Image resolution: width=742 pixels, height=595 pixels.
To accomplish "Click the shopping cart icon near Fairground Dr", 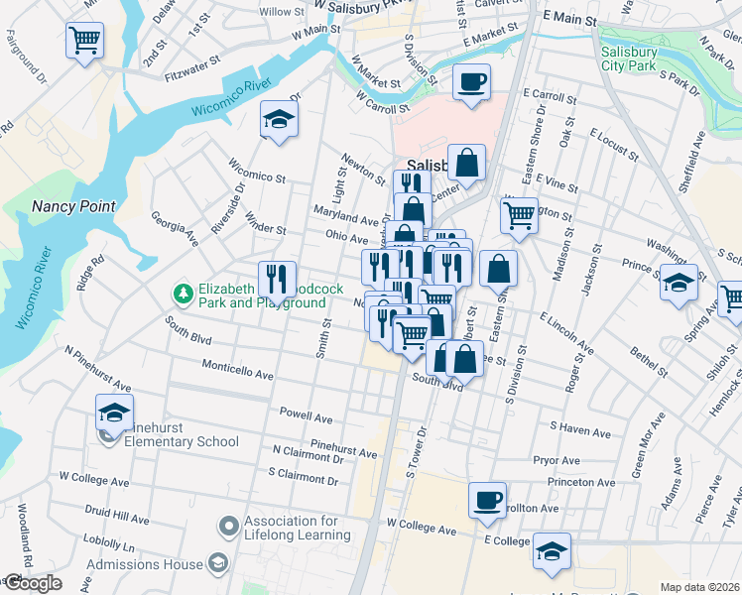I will [84, 41].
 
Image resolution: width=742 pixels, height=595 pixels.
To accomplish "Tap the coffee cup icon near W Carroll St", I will [471, 80].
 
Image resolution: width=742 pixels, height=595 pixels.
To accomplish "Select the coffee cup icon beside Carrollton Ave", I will [487, 500].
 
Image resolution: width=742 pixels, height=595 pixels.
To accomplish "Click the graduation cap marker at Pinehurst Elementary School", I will [114, 411].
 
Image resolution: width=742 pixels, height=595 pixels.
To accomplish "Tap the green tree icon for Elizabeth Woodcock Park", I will [183, 293].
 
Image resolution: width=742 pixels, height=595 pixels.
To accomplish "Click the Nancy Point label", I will [73, 206].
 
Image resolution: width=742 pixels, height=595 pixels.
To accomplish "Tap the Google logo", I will [32, 583].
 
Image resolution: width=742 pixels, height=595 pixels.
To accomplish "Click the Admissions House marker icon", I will [217, 563].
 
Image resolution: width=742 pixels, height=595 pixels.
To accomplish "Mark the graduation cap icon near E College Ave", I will [551, 550].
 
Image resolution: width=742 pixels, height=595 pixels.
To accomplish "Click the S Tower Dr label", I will [417, 451].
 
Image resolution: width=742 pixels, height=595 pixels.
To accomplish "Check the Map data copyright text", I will [700, 587].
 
